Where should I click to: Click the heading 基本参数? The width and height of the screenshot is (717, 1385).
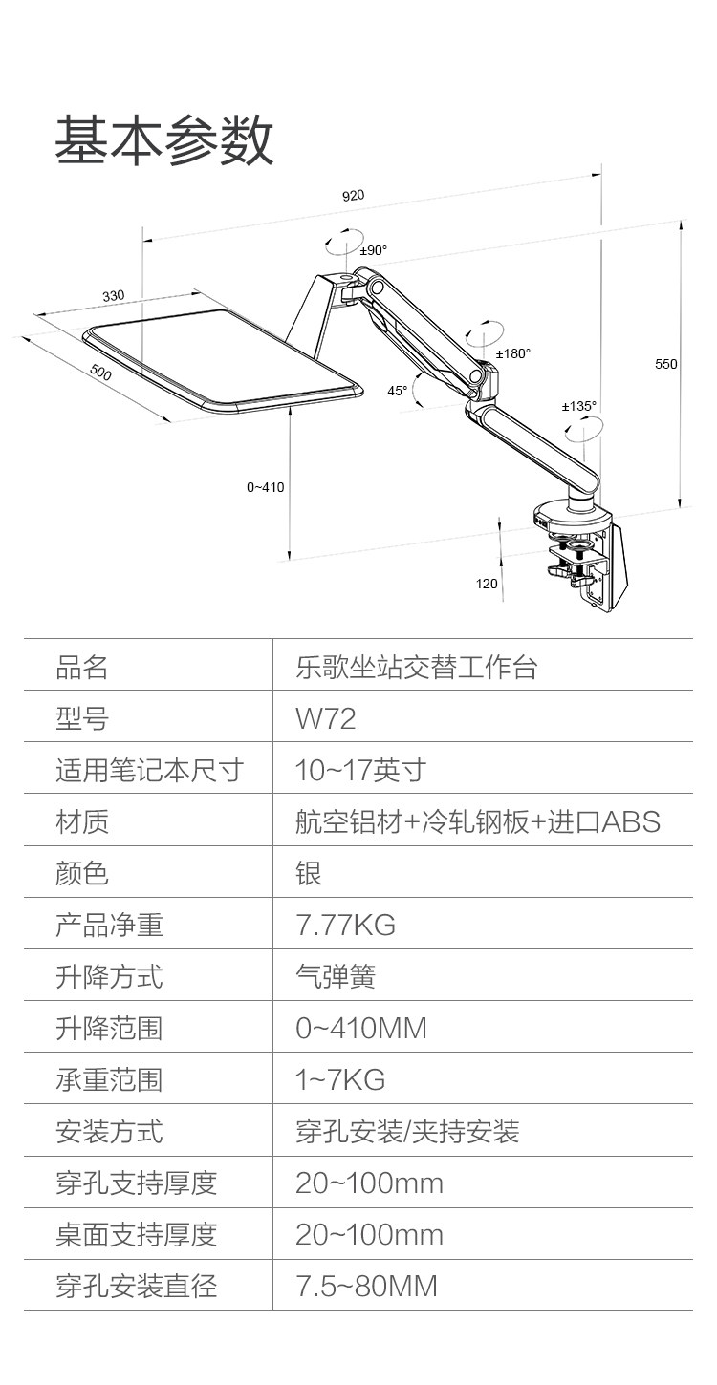(163, 140)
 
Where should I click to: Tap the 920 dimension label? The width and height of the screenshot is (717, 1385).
(353, 196)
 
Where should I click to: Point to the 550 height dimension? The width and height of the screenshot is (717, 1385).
(665, 364)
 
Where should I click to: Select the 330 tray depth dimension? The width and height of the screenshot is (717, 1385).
(114, 296)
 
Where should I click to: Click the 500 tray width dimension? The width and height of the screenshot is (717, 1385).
(99, 373)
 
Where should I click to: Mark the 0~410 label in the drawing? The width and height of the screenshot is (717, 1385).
(265, 487)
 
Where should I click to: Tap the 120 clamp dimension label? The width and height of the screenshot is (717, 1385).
(487, 584)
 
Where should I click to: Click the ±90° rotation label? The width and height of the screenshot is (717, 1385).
(373, 250)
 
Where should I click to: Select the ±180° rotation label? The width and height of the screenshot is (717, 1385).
(512, 353)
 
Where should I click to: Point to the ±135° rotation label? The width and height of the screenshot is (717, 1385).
(578, 406)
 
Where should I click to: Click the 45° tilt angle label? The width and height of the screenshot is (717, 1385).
(398, 390)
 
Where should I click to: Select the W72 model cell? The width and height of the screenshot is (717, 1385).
(326, 718)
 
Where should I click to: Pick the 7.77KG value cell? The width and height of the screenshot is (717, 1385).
(345, 925)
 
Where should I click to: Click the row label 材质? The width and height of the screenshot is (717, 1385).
(82, 821)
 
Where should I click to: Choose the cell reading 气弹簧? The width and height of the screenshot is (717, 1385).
(336, 976)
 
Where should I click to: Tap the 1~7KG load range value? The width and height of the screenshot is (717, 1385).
(340, 1079)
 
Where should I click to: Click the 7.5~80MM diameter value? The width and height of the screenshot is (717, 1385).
(366, 1286)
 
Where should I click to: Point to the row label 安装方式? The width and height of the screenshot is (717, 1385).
(109, 1131)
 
